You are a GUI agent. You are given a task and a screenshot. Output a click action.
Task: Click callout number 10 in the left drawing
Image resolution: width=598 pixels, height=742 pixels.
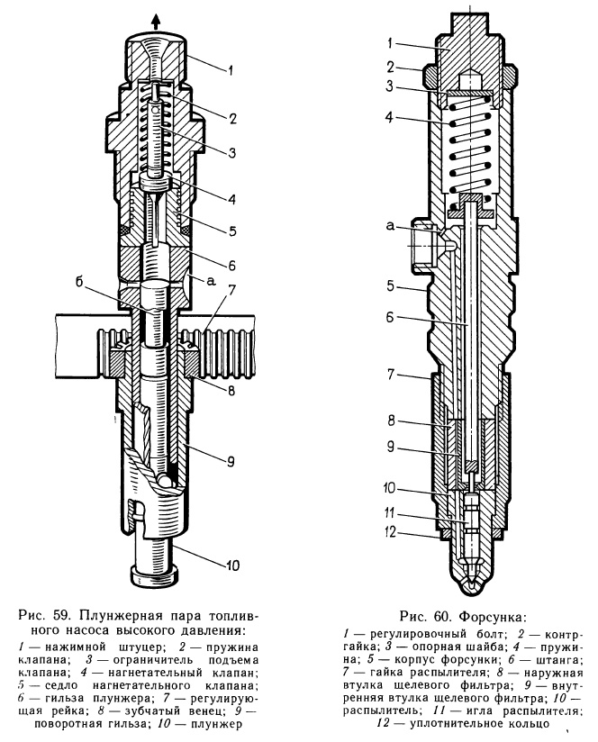[x=231, y=566]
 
